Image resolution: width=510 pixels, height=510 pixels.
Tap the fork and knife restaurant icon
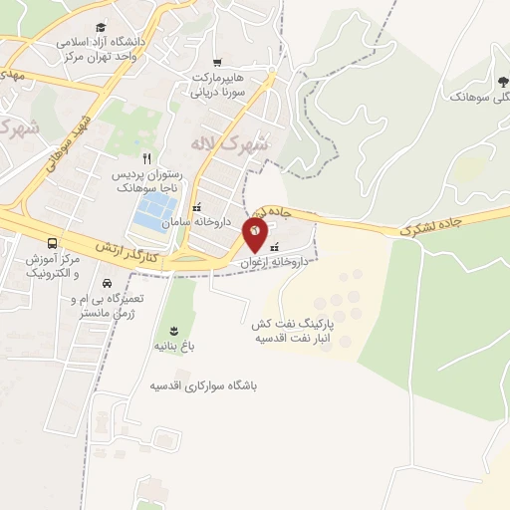pos(146,158)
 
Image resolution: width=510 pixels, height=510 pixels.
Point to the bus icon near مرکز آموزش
pos(52,243)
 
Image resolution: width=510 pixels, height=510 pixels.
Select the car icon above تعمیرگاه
pos(107,283)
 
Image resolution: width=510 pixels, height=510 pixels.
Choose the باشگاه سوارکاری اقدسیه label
pos(211,384)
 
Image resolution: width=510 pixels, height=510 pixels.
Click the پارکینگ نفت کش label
pos(290,325)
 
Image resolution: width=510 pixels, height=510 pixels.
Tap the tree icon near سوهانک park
pos(501,83)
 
